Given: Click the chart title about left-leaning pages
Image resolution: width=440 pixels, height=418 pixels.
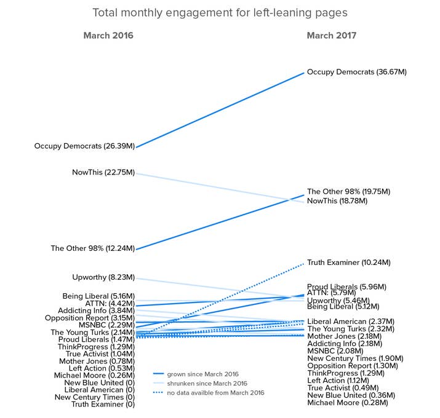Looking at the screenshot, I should [x=220, y=13].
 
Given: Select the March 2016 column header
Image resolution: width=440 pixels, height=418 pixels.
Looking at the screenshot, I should [x=108, y=36].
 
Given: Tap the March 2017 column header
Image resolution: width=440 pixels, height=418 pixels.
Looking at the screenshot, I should [x=332, y=36].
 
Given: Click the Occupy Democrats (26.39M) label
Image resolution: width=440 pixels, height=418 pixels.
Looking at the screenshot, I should [x=84, y=146].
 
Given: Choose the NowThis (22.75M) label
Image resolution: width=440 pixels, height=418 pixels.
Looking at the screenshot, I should [x=103, y=173].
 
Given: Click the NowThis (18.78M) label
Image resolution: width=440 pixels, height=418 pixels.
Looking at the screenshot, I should [x=337, y=201].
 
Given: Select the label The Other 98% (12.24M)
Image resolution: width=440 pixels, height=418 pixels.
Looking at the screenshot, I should [x=92, y=248].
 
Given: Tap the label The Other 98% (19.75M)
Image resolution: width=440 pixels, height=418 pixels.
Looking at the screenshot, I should [x=348, y=192].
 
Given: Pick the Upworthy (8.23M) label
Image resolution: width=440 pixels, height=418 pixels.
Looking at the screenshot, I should [x=102, y=277].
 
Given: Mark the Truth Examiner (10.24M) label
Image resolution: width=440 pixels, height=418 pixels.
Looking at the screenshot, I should [x=349, y=262].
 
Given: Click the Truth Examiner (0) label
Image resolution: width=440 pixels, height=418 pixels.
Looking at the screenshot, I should [x=103, y=404].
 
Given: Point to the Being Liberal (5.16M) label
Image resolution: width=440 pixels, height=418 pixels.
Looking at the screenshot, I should [x=98, y=296].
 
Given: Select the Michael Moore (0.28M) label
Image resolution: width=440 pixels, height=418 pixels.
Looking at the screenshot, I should [x=348, y=403].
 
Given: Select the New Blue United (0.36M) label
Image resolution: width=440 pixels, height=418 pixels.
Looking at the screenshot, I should [x=351, y=395].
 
